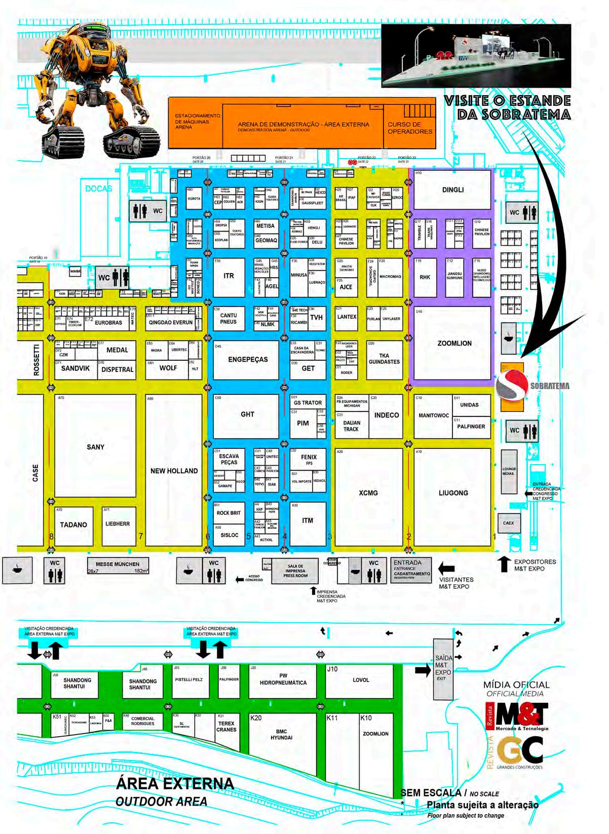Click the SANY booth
pyautogui.click(x=95, y=446)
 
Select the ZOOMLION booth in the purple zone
pyautogui.click(x=454, y=343)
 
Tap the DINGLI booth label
pyautogui.click(x=452, y=191)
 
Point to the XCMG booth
pyautogui.click(x=368, y=492)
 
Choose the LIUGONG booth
pyautogui.click(x=453, y=492)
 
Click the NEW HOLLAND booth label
pyautogui.click(x=174, y=471)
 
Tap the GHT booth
pyautogui.click(x=247, y=414)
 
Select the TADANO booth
pyautogui.click(x=73, y=525)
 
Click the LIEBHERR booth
pyautogui.click(x=118, y=524)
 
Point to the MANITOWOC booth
pyautogui.click(x=433, y=415)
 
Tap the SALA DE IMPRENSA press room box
pyautogui.click(x=295, y=571)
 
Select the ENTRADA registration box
pyautogui.click(x=411, y=570)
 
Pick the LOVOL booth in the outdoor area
pyautogui.click(x=360, y=680)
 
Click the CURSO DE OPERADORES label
pyautogui.click(x=410, y=128)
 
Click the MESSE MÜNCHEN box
pyautogui.click(x=117, y=566)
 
